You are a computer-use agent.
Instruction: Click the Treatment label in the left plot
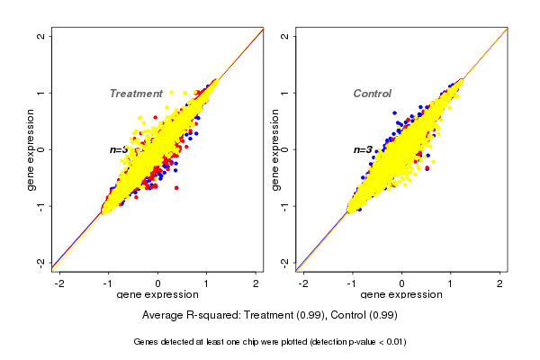click(x=136, y=94)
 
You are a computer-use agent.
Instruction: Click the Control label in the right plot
click(x=372, y=94)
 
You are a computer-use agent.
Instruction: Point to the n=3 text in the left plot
click(x=120, y=149)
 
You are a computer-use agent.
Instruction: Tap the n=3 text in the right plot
click(x=363, y=149)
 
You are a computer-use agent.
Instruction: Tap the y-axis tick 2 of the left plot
click(x=41, y=36)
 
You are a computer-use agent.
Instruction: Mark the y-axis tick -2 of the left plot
click(x=41, y=262)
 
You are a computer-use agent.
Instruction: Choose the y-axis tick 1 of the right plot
click(x=285, y=93)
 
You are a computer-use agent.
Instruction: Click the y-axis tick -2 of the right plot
click(x=285, y=262)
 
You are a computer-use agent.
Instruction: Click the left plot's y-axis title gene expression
click(x=31, y=149)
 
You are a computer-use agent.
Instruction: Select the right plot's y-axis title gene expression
click(x=275, y=149)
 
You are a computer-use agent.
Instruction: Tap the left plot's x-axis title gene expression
click(x=157, y=295)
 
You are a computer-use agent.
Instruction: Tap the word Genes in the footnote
click(x=148, y=342)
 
